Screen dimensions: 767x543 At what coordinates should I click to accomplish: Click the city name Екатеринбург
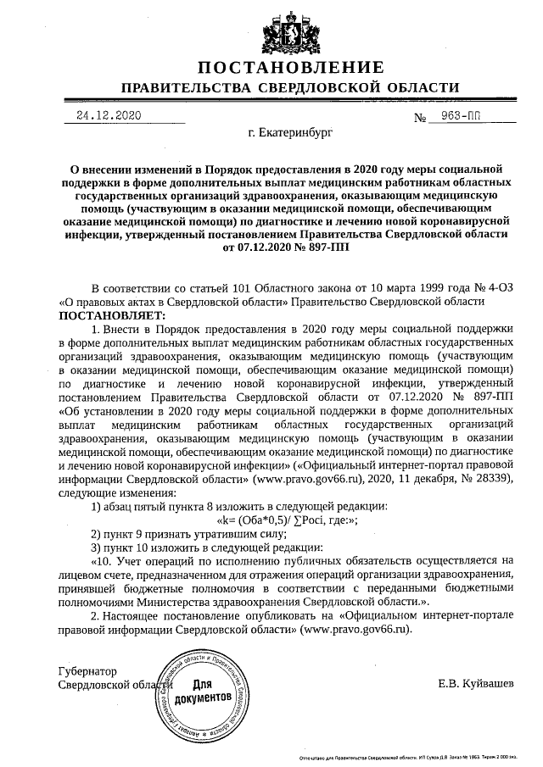click(x=290, y=134)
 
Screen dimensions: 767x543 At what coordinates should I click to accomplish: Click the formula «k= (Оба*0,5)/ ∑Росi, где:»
click(x=287, y=520)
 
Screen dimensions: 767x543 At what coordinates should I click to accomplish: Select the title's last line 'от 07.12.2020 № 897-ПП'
click(x=285, y=248)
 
